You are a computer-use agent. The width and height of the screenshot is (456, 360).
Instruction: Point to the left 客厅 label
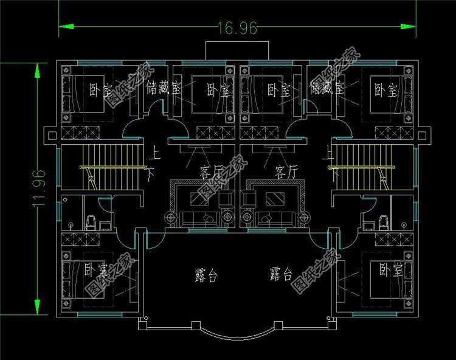(208, 173)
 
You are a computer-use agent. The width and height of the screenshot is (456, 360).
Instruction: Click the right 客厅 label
(285, 173)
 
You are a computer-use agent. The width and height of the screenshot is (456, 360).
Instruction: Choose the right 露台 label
(281, 275)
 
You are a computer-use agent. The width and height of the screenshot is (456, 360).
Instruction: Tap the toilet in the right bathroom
(383, 221)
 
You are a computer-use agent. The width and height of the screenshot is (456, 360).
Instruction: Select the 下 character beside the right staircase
(334, 174)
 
